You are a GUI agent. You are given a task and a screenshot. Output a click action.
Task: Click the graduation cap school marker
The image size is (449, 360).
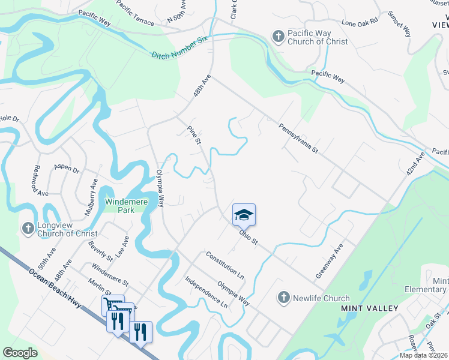coord(244,214)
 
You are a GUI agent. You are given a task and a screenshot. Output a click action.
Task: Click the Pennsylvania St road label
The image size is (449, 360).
coord(298,139)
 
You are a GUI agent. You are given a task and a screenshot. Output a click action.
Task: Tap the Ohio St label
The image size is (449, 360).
coord(248,237)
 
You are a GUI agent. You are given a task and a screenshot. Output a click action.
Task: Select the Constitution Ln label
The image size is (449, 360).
coord(225,266)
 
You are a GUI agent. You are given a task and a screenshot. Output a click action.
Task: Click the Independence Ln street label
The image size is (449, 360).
coord(206,292)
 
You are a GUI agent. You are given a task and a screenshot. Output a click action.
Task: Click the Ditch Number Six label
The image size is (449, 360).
coord(179,47)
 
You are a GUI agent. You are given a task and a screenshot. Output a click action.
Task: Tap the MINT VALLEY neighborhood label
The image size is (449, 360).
coord(370,308)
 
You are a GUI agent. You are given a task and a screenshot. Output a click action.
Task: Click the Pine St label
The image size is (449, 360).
coord(193,135)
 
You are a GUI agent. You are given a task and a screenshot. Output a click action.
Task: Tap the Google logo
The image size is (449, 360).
coord(20,353)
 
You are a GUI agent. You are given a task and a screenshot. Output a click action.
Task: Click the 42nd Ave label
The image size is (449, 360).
coord(414,163)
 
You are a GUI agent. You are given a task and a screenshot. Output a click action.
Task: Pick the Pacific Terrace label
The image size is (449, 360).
coord(135,16)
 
